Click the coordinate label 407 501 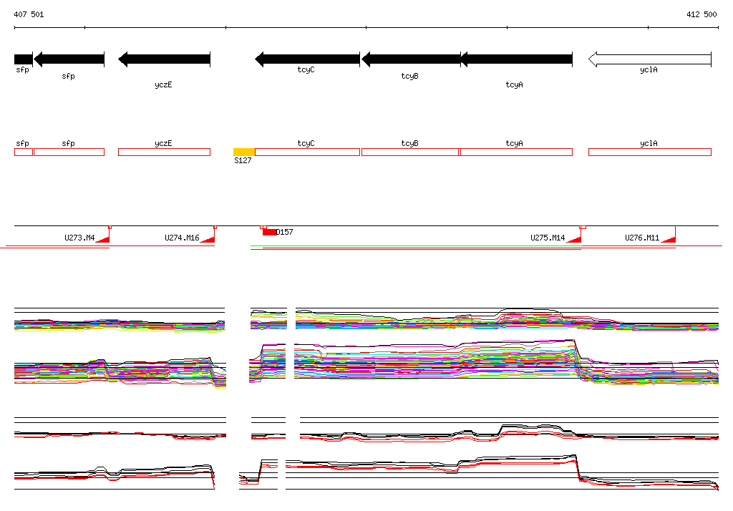pyautogui.click(x=29, y=14)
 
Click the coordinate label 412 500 pyautogui.click(x=701, y=14)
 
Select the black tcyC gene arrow pyautogui.click(x=307, y=59)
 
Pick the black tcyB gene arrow pyautogui.click(x=411, y=59)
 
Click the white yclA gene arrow pyautogui.click(x=649, y=59)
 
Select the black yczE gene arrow pyautogui.click(x=164, y=59)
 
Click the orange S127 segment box pyautogui.click(x=244, y=152)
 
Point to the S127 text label pyautogui.click(x=243, y=161)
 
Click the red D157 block pyautogui.click(x=269, y=232)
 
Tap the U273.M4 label pyautogui.click(x=79, y=238)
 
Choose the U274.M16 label pyautogui.click(x=182, y=238)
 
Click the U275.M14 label pyautogui.click(x=548, y=238)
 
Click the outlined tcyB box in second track pyautogui.click(x=410, y=152)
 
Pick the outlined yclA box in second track pyautogui.click(x=649, y=152)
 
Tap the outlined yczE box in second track pyautogui.click(x=164, y=152)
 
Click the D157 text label pyautogui.click(x=285, y=232)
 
